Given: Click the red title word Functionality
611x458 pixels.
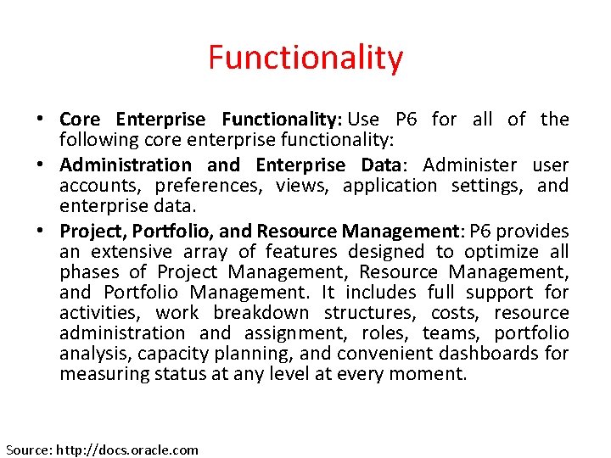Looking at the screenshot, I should (x=305, y=58).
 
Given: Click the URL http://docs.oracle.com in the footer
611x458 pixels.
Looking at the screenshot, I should (x=127, y=450).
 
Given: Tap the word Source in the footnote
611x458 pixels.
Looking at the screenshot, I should (x=28, y=450).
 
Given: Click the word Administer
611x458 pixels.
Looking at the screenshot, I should (x=469, y=165).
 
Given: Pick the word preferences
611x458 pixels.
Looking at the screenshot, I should (x=188, y=185).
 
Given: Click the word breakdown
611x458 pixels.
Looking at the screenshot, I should (x=261, y=312).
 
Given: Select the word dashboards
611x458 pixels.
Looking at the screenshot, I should (x=496, y=353).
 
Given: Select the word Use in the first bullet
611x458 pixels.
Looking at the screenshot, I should (x=364, y=120).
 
